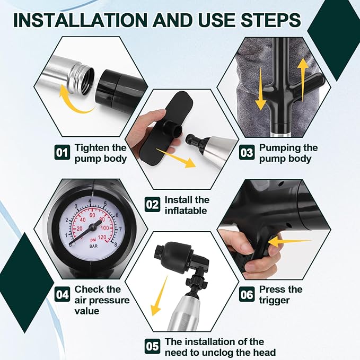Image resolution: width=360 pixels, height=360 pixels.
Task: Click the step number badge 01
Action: [62, 152]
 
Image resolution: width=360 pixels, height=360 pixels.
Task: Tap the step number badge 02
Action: [153, 204]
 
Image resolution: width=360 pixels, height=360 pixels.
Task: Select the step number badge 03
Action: [247, 152]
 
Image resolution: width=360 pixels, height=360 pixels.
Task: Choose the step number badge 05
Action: [153, 346]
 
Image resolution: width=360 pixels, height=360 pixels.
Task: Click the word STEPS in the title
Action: [271, 20]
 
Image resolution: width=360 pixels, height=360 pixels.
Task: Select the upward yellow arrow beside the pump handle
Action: [303, 79]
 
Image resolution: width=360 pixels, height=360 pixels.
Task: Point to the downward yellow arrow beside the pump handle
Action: [260, 89]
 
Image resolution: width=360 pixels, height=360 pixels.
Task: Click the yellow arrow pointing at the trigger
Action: [289, 242]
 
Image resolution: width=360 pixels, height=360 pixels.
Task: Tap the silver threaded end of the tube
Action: [82, 77]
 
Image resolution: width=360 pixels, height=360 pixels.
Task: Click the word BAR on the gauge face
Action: [93, 246]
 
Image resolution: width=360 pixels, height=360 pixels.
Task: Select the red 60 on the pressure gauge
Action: [92, 215]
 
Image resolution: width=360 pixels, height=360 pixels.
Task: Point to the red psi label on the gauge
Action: [93, 240]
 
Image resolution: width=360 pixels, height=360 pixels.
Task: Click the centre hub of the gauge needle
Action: [92, 227]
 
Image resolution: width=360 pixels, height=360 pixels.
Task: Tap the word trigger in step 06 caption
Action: [274, 300]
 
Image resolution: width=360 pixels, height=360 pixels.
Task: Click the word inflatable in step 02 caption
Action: [186, 210]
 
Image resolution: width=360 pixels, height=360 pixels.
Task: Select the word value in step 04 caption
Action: [87, 311]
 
